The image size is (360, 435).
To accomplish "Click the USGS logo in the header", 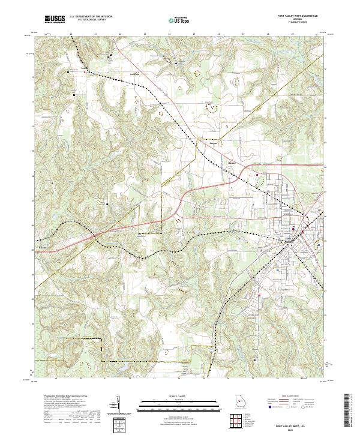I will point(55,20).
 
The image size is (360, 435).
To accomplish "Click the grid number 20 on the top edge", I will point(71,34).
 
